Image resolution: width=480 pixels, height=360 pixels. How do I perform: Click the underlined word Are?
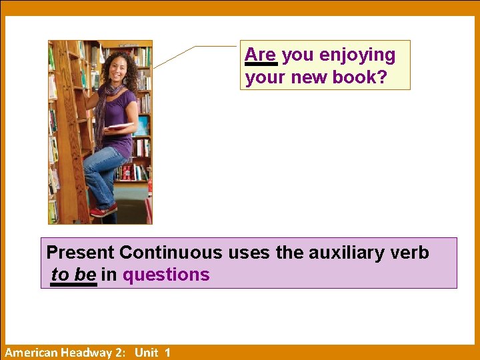click(x=260, y=55)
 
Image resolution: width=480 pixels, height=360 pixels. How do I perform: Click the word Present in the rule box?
click(x=80, y=253)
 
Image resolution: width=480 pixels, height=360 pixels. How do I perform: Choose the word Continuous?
click(x=171, y=253)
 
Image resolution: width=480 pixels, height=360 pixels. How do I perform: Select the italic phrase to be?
click(x=73, y=275)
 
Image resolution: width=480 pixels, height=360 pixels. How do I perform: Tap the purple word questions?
click(x=166, y=275)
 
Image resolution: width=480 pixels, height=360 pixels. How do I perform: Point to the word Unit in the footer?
click(x=146, y=353)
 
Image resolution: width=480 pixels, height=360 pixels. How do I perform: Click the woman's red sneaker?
click(x=103, y=211)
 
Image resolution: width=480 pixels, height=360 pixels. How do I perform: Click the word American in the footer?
click(x=31, y=353)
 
